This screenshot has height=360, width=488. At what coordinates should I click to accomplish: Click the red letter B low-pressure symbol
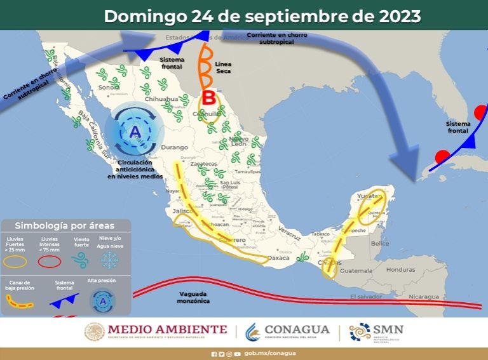point(208,98)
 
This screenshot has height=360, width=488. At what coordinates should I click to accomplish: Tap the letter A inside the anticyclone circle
point(135,132)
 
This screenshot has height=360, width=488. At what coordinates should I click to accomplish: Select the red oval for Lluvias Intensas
point(50,260)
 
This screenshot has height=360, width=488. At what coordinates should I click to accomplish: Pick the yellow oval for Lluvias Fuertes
point(17,260)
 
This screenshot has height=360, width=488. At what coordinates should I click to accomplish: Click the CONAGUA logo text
point(297,330)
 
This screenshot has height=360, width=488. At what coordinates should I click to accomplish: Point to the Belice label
point(380,244)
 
